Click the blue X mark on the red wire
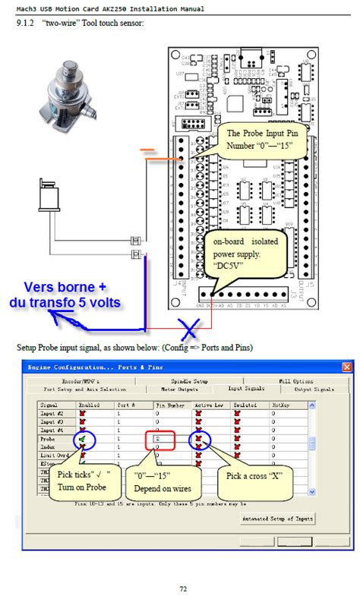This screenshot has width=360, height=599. [x=190, y=329]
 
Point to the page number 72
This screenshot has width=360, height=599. [x=182, y=588]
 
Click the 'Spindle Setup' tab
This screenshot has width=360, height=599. [x=190, y=380]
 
